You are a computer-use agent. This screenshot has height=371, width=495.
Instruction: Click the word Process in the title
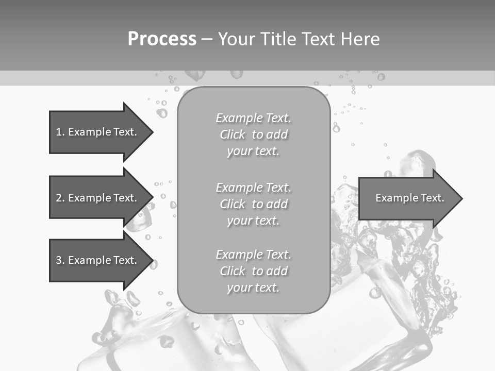162,39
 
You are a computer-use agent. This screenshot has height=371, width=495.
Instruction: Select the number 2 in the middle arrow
58,198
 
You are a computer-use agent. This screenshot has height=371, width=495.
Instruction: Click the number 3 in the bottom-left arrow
58,260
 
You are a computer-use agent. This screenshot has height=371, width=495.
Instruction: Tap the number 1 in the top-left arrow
58,132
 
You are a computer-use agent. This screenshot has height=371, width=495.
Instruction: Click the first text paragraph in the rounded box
253,134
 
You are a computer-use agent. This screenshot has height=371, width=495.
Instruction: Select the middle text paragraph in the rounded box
253,204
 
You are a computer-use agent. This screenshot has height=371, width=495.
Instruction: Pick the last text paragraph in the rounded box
253,271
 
